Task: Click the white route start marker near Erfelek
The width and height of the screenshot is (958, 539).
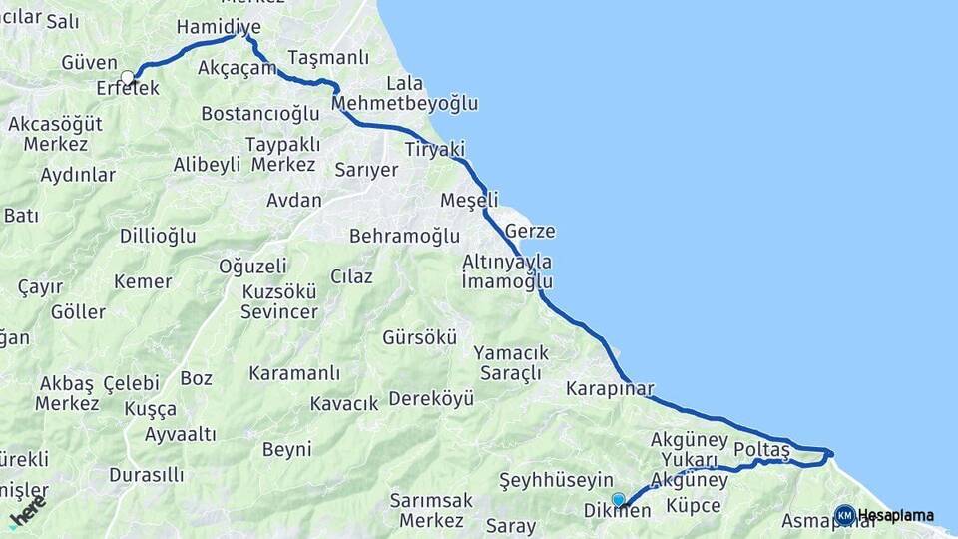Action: [128, 77]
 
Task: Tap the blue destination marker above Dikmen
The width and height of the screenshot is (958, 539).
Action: [619, 499]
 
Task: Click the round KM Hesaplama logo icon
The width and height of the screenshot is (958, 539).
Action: [844, 515]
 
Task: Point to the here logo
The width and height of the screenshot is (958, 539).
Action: [27, 513]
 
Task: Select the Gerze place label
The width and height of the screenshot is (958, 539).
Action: [530, 232]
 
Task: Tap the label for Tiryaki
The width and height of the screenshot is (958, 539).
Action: [434, 149]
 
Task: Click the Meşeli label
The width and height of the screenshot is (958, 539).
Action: [469, 201]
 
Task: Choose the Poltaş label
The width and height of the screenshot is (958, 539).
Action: [761, 450]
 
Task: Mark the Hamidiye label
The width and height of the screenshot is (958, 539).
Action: [218, 27]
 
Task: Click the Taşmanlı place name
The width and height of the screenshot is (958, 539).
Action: [328, 57]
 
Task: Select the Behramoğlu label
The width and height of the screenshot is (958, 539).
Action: [404, 237]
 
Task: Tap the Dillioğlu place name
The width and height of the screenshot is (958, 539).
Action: [158, 237]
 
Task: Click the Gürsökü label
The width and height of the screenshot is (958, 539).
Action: [419, 337]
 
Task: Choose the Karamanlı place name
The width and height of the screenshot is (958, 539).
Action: [294, 373]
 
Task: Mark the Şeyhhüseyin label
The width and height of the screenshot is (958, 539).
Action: [555, 480]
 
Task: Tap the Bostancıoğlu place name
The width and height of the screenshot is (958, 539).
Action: [259, 113]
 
